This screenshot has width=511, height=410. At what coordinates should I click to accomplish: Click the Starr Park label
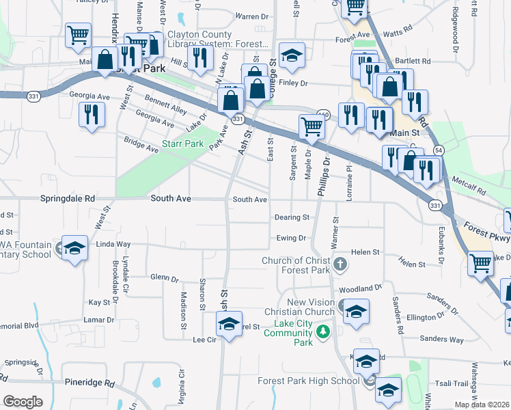click(183, 144)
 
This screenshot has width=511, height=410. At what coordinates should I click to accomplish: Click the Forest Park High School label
click(308, 381)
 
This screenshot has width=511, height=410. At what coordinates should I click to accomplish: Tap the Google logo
click(23, 402)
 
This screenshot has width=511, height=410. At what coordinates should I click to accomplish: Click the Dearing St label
click(292, 217)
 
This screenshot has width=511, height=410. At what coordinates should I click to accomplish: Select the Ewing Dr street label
click(292, 238)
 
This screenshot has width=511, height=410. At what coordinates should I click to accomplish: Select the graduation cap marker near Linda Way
click(74, 248)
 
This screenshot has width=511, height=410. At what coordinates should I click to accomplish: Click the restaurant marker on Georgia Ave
click(92, 115)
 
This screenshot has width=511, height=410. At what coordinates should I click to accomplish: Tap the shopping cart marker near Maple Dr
click(312, 126)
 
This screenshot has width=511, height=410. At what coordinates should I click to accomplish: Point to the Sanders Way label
click(441, 339)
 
